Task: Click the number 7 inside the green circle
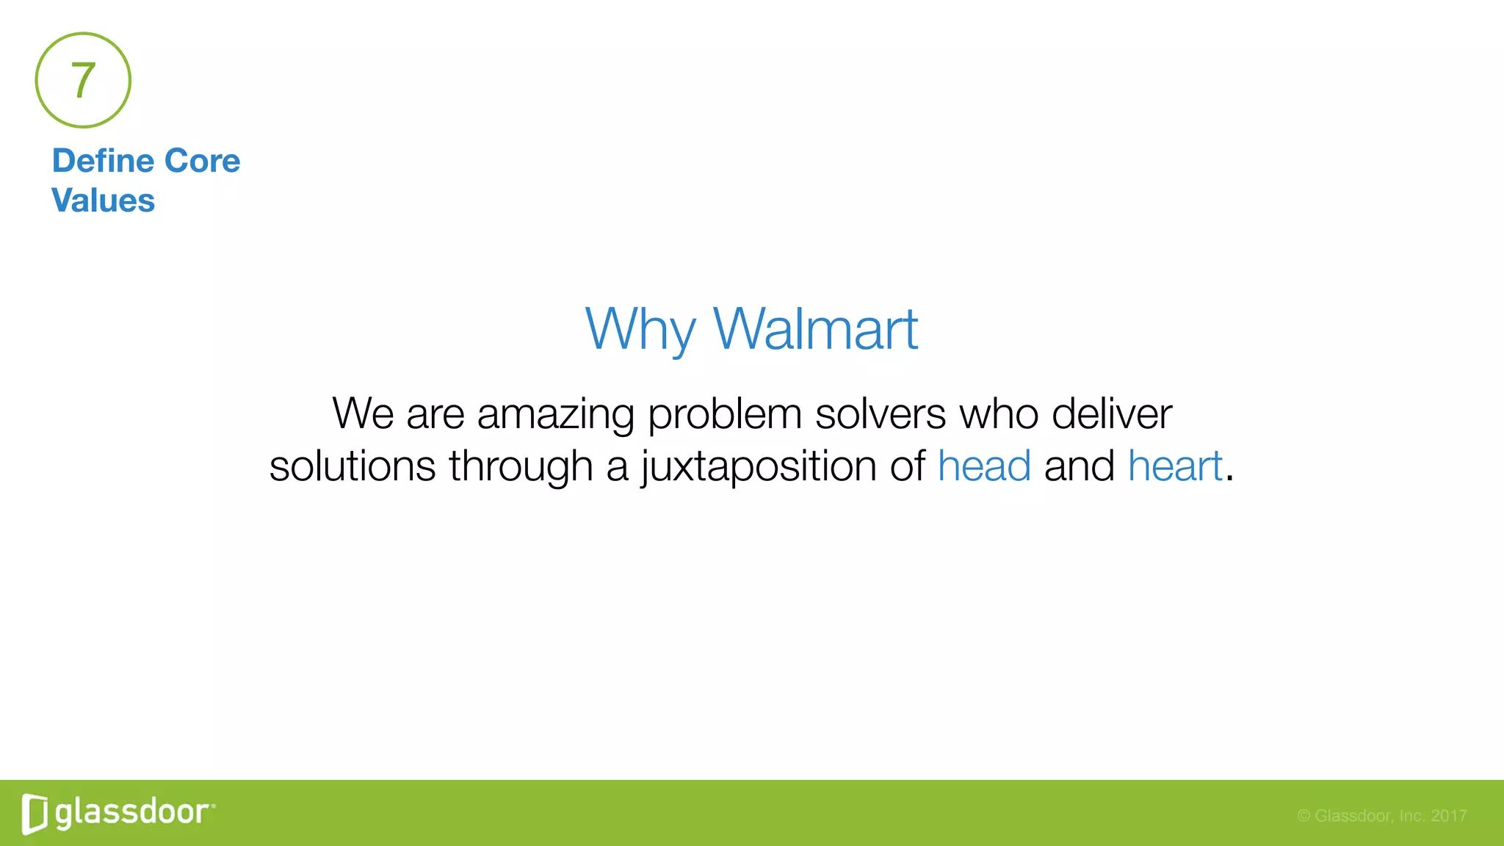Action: (x=83, y=80)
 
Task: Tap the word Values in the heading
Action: (x=103, y=200)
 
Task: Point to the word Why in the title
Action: (x=640, y=330)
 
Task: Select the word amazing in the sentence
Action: (x=555, y=414)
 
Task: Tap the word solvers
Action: (x=880, y=413)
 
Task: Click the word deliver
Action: (x=1111, y=413)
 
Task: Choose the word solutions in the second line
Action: (x=352, y=466)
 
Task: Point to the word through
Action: (x=521, y=468)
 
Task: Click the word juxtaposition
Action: (x=759, y=468)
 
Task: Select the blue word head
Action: (x=984, y=466)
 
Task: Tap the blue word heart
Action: (x=1175, y=466)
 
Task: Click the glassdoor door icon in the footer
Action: (x=35, y=814)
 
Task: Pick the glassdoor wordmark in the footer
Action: (x=133, y=813)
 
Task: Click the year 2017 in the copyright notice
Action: (x=1448, y=816)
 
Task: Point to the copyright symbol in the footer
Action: (x=1304, y=816)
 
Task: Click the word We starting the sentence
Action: (x=363, y=413)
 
